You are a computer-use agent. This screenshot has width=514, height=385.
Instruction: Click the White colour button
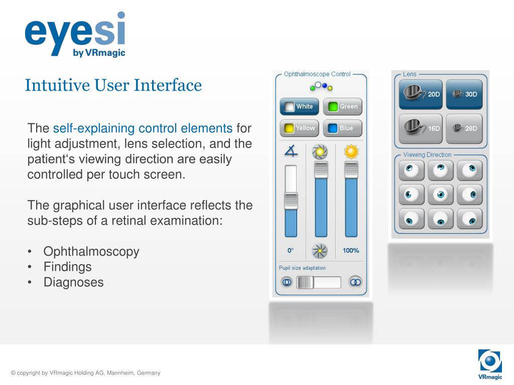coord(299,107)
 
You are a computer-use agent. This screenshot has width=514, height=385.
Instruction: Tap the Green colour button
coord(342,107)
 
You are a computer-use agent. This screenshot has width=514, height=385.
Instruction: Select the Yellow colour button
coord(299,128)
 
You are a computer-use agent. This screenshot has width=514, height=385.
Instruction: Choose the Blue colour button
coord(342,128)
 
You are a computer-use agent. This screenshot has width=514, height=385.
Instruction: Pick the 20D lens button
coord(421,94)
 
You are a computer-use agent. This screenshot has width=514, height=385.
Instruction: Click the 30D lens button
coord(464,94)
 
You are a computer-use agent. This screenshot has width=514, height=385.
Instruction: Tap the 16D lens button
coord(421,128)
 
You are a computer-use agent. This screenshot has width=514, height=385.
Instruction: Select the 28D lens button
coord(464,128)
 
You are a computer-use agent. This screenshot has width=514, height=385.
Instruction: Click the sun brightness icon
coord(351,151)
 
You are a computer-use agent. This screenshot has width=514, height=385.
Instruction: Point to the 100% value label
coord(351,251)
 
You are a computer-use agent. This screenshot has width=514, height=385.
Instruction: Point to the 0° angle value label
coord(290,251)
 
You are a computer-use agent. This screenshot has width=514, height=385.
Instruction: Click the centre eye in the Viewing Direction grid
coord(441,194)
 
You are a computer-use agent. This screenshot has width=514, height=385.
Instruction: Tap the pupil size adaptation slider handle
coord(305,282)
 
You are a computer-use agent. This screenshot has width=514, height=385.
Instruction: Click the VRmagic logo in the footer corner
coord(490,364)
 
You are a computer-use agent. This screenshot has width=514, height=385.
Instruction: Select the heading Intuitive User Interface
coord(113,85)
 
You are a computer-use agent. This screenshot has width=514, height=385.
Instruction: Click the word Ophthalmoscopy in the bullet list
coord(91,252)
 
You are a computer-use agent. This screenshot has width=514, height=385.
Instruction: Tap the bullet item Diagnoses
coord(74,282)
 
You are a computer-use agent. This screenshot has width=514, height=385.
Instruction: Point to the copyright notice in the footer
coord(86,373)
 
